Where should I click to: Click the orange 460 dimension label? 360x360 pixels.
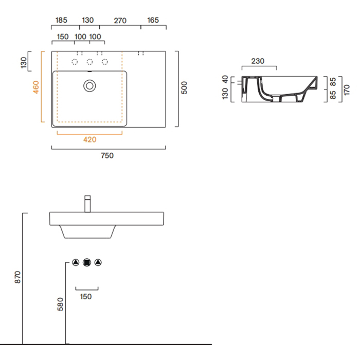click(36, 87)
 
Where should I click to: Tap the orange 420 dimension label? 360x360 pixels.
click(90, 139)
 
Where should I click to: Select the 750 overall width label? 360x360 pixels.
click(107, 156)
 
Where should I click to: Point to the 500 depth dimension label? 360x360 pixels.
click(184, 88)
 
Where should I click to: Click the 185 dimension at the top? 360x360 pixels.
click(61, 20)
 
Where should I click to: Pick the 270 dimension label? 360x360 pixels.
click(120, 21)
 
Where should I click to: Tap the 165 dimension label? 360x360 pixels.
click(153, 20)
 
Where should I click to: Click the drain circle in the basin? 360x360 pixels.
click(89, 86)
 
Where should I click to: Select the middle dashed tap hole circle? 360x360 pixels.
click(89, 62)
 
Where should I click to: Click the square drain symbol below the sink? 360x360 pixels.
click(87, 262)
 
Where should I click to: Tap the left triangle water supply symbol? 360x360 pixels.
click(76, 262)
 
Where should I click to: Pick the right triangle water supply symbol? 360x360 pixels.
click(98, 262)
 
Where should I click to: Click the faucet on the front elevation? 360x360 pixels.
click(87, 204)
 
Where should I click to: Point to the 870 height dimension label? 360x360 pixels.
click(17, 277)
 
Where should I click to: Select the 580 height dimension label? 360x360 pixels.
click(60, 304)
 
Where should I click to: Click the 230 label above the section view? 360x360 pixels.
click(258, 61)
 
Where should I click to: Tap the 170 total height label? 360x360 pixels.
click(347, 90)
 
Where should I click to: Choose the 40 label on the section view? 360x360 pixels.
click(225, 79)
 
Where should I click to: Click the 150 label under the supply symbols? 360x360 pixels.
click(86, 297)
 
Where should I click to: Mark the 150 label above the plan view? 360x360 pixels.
click(63, 37)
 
